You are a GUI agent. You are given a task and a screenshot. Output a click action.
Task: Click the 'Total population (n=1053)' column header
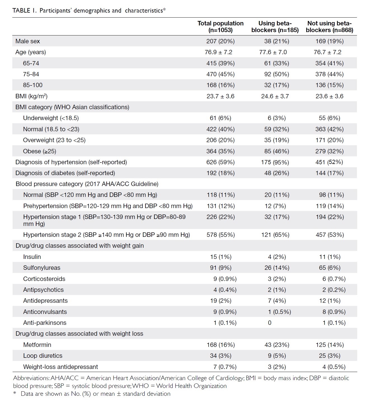[220, 27]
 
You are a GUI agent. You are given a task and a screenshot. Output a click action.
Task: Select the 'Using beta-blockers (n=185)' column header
[275, 27]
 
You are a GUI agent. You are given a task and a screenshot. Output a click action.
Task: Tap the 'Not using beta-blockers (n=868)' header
[329, 27]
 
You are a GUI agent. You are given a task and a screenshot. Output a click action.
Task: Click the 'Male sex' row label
[28, 41]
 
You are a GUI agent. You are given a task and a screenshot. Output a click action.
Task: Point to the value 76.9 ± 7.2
[218, 52]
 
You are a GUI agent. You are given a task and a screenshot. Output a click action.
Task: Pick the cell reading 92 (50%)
[276, 74]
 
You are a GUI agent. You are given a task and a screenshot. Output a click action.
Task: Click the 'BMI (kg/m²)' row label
[31, 96]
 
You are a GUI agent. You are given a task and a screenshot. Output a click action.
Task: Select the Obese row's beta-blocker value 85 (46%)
[276, 151]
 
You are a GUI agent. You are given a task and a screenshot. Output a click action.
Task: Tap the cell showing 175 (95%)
[275, 162]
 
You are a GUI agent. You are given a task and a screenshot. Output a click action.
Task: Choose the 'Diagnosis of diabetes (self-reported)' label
[65, 173]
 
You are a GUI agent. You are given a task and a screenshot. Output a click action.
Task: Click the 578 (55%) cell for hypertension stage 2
[220, 235]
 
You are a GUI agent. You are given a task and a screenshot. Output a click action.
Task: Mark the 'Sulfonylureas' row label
[42, 268]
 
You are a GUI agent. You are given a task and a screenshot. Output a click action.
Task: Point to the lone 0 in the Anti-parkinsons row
[269, 323]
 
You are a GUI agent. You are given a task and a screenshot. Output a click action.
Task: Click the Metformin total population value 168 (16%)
[220, 345]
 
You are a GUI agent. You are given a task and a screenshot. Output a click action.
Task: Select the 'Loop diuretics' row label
[43, 356]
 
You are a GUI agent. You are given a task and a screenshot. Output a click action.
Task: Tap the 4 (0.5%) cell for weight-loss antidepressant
[334, 367]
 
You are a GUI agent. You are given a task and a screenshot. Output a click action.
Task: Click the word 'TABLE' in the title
[21, 10]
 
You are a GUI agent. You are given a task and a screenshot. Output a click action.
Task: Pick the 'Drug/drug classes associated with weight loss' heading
[79, 333]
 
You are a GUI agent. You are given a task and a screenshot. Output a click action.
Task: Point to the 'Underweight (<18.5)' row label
[51, 118]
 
